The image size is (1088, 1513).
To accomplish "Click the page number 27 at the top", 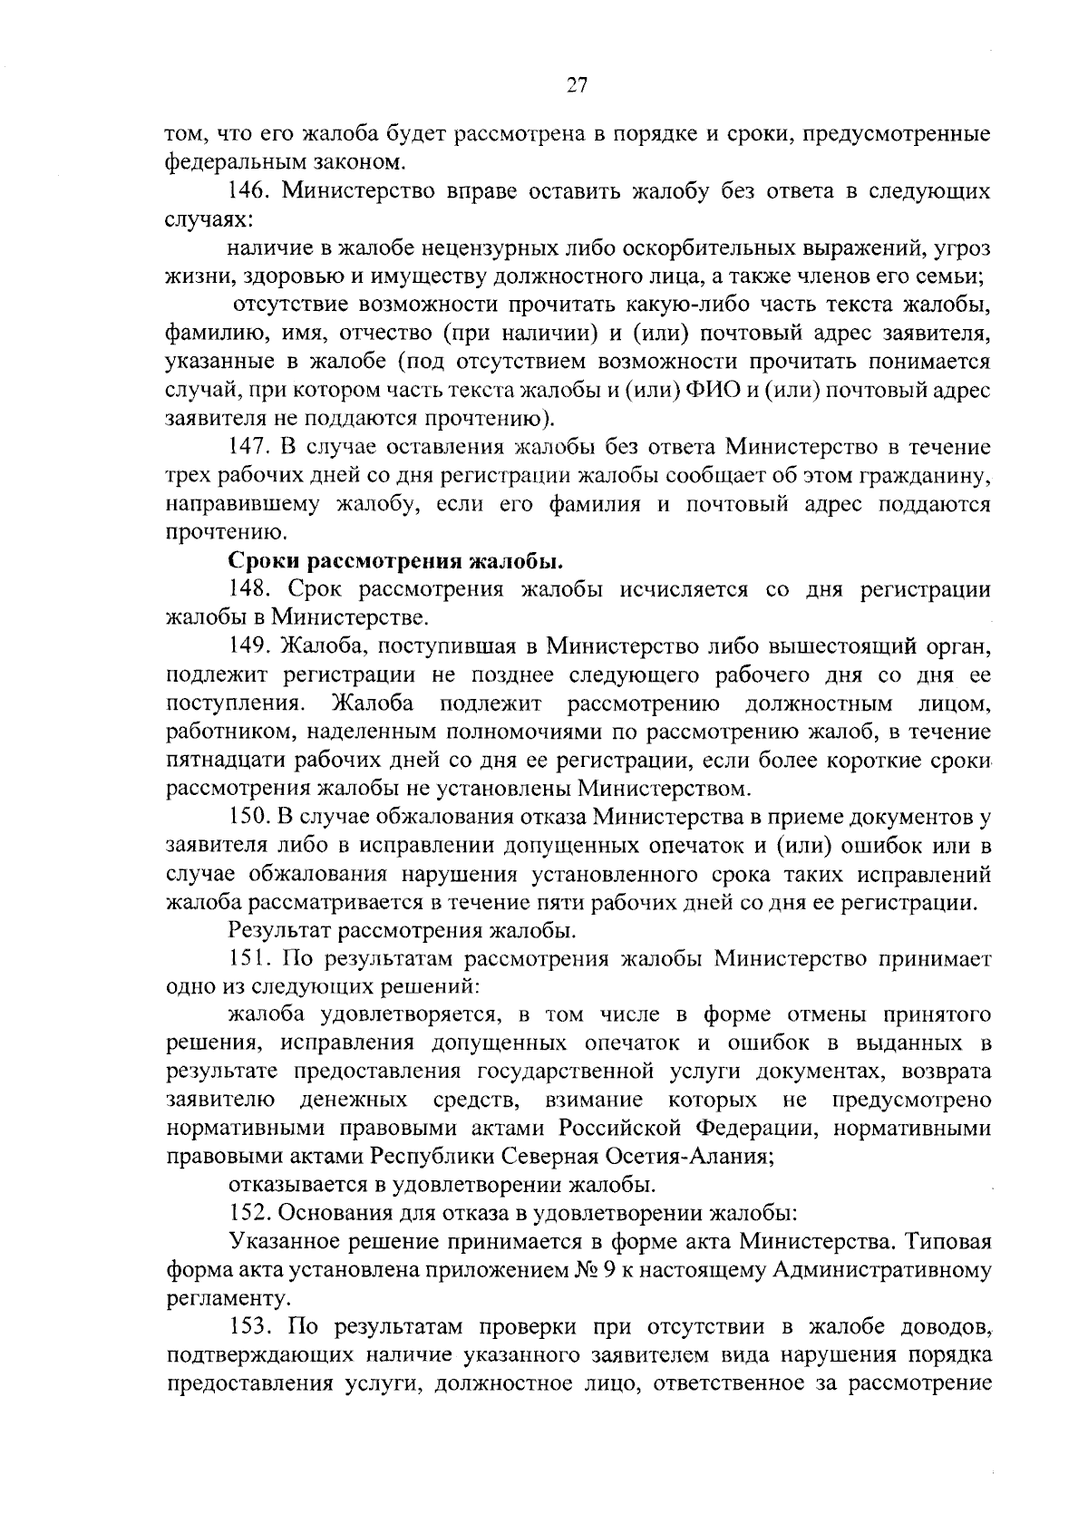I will click(578, 85).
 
